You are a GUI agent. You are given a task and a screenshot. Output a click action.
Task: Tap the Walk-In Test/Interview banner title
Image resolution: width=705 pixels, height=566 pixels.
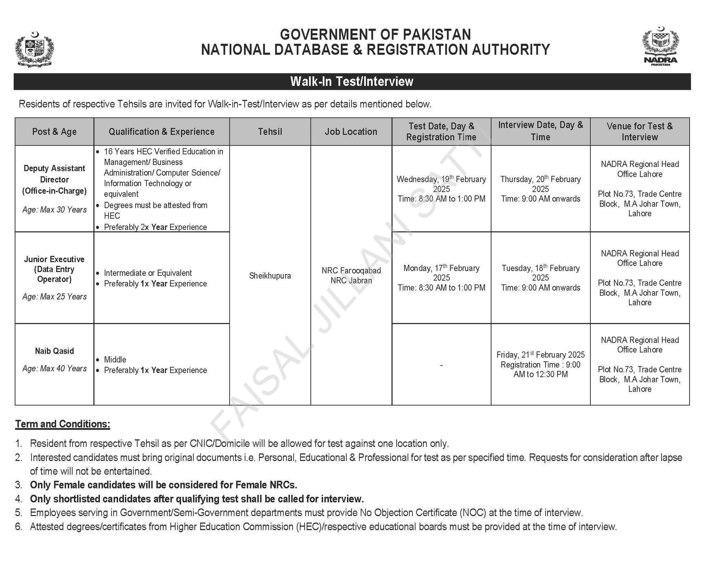352,82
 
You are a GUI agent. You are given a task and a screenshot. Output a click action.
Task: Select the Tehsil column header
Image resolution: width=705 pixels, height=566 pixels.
270,132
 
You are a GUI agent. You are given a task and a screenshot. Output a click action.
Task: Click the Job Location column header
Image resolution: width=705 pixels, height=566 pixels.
351,132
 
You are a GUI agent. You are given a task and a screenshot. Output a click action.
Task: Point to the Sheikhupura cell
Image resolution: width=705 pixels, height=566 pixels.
270,276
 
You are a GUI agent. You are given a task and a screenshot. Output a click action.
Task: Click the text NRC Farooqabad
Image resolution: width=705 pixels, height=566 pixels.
351,271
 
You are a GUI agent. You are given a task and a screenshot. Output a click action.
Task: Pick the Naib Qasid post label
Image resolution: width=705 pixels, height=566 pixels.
54,351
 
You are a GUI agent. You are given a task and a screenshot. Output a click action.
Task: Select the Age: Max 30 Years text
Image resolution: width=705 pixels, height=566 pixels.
54,210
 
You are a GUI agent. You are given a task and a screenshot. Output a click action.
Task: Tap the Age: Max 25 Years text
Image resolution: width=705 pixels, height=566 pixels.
54,296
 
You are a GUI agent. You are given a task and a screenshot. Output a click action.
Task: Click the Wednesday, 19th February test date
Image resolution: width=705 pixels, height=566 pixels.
441,179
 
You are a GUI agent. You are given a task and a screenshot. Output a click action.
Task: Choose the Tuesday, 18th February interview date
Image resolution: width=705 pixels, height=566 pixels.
540,268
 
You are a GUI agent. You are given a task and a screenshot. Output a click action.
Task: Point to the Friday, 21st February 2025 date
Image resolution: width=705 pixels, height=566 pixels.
540,355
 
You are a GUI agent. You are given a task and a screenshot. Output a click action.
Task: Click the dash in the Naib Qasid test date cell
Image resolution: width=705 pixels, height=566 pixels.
441,365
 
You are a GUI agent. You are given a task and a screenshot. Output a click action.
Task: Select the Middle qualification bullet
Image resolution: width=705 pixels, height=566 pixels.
115,359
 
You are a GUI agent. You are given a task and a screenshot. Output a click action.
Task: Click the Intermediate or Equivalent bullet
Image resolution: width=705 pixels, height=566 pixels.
148,273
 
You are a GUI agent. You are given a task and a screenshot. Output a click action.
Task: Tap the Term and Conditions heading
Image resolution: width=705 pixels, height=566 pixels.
63,424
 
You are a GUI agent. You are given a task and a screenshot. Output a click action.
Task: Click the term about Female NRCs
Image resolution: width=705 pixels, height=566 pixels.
164,485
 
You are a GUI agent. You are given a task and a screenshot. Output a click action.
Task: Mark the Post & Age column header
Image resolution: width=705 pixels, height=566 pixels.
54,132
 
